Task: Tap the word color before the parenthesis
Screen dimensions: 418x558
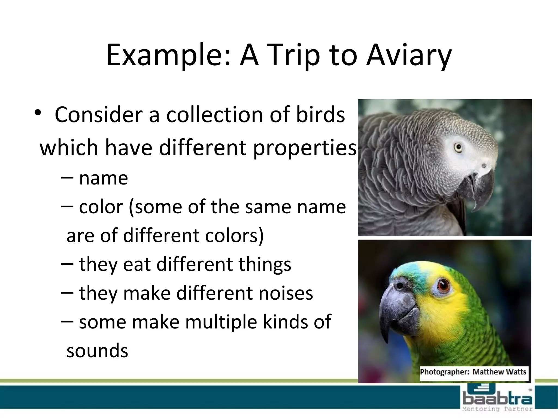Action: [x=101, y=207]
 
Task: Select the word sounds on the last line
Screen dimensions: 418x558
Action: [x=97, y=351]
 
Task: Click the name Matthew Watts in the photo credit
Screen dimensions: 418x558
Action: [x=499, y=372]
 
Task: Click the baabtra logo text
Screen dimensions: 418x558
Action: [x=497, y=399]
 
